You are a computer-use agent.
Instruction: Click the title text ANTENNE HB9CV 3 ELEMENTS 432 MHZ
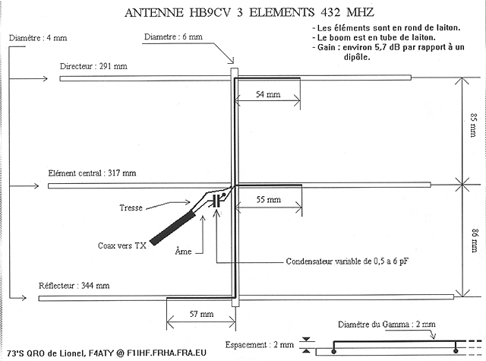click(250, 12)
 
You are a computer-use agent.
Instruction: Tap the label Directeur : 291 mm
click(93, 66)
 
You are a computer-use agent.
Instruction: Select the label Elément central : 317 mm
click(92, 173)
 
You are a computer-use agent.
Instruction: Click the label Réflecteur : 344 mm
click(74, 286)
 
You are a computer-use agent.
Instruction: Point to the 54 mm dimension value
click(268, 94)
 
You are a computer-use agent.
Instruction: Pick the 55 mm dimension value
click(268, 199)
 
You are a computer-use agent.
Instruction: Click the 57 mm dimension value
click(201, 314)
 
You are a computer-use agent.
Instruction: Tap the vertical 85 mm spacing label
click(473, 125)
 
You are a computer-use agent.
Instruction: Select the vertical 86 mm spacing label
click(474, 241)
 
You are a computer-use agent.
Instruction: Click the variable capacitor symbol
click(217, 201)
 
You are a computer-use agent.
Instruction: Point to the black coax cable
click(173, 228)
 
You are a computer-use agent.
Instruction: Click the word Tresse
click(131, 207)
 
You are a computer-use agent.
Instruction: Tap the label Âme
click(183, 251)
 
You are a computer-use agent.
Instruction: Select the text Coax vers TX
click(121, 245)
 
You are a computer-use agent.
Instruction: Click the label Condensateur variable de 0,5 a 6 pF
click(347, 261)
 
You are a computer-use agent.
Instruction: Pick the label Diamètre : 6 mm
click(173, 37)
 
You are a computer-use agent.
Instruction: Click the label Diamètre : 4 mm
click(38, 38)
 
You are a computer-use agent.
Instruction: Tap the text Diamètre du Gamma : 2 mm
click(387, 325)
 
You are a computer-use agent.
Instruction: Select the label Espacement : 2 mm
click(260, 344)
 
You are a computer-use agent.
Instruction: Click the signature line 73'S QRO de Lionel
click(106, 353)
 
